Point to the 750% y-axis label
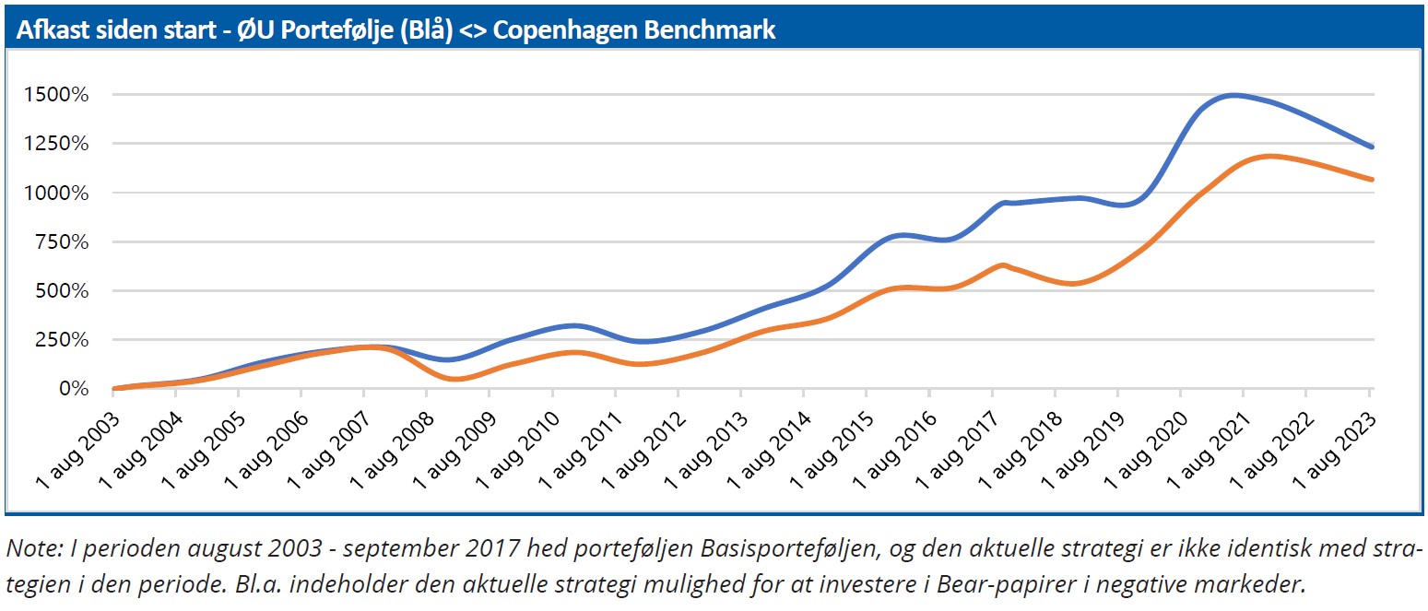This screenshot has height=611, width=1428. click(x=64, y=242)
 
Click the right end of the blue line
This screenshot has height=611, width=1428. click(x=1373, y=147)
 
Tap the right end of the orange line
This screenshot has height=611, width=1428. click(x=1373, y=180)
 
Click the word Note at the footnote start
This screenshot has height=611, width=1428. click(x=29, y=550)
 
